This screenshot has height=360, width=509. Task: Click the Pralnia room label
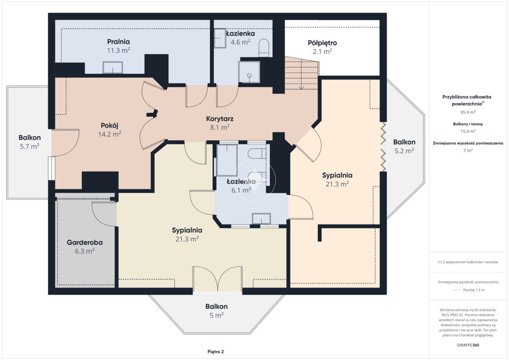118,42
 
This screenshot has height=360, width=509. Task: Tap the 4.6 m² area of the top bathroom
240,42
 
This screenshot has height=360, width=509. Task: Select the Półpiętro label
322,43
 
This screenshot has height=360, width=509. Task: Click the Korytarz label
220,119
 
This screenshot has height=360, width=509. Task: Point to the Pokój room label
109,126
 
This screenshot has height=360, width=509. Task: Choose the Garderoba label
85,243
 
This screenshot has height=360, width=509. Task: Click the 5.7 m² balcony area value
29,146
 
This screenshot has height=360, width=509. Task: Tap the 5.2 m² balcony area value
404,151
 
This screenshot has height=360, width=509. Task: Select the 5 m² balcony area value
216,315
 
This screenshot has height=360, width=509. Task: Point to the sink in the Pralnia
113,68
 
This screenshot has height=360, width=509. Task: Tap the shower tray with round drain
249,72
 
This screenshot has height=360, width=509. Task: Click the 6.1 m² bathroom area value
241,190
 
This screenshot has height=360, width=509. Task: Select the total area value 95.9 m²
468,112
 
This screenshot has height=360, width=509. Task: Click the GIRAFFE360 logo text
468,345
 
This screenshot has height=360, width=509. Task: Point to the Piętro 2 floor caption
216,352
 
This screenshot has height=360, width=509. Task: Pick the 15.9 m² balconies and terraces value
468,131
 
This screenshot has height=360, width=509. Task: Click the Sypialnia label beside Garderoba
187,231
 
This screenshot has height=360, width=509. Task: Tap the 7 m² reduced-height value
468,150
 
